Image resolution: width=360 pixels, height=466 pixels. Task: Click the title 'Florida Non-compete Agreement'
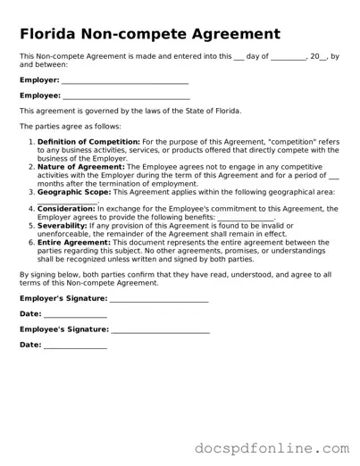[x=150, y=35]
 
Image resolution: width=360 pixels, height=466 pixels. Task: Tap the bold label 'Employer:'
[x=39, y=79]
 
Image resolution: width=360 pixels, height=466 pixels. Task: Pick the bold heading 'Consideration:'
[x=66, y=208]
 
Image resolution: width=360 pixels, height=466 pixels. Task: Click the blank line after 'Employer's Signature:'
[x=158, y=298]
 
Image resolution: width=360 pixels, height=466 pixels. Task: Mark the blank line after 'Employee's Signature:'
[x=159, y=330]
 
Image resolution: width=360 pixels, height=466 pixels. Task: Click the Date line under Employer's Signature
[x=75, y=314]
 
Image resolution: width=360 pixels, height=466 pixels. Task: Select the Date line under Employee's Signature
[x=75, y=345]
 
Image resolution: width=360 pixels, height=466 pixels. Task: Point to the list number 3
[x=32, y=189]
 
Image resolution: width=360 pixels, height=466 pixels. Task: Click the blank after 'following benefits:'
[x=246, y=216]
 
